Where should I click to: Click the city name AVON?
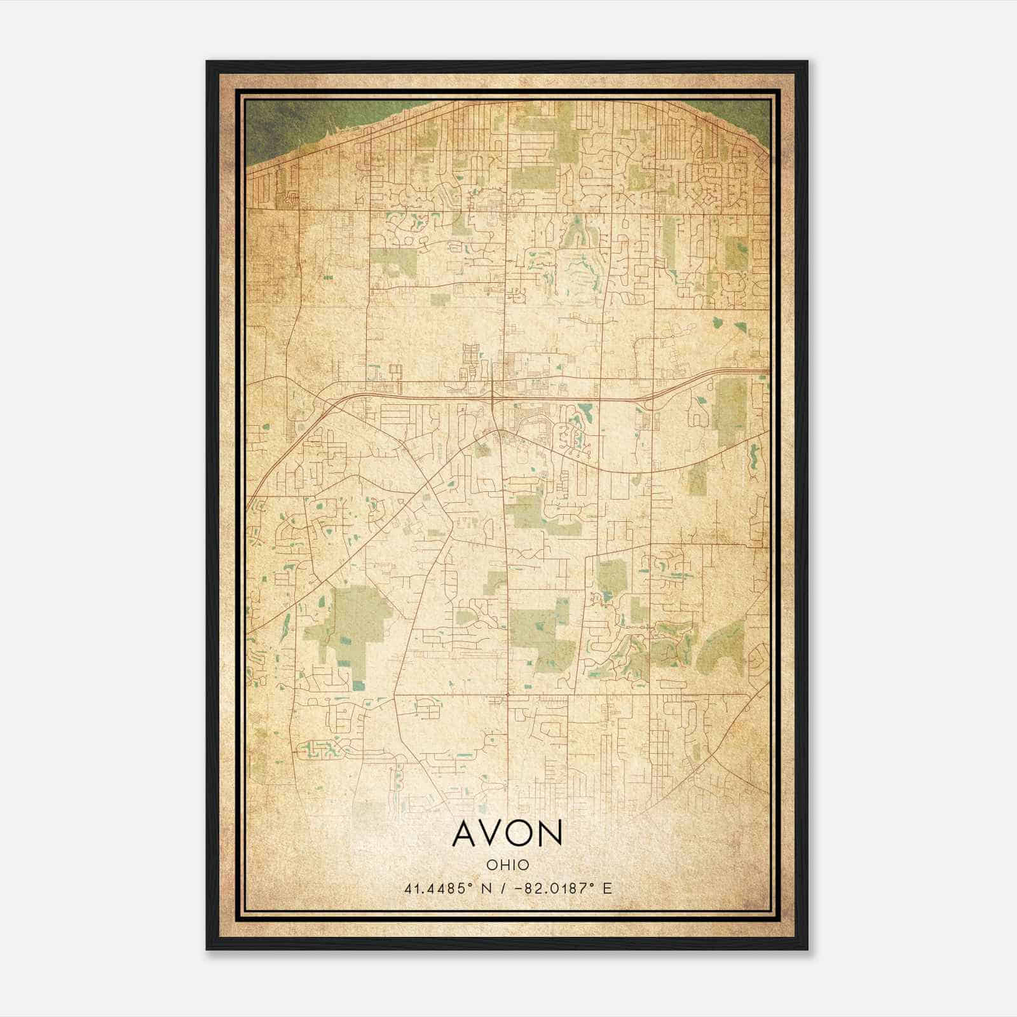[507, 833]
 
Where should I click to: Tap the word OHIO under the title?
[507, 864]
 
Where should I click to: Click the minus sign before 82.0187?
[522, 888]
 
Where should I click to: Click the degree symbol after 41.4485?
[472, 884]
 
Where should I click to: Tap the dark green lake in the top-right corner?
[744, 114]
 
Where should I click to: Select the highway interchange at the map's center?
[494, 397]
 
